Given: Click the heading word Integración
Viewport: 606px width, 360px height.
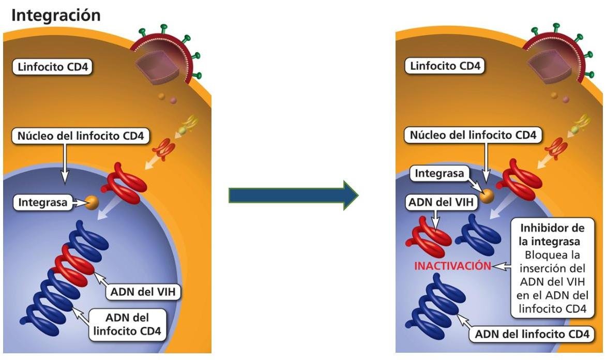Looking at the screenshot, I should (x=55, y=15).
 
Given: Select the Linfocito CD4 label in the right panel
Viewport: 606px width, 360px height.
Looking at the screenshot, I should (x=446, y=66).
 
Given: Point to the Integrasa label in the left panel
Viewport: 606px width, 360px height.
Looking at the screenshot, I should (x=43, y=202).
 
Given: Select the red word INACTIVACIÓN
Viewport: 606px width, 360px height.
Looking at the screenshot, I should (x=452, y=266).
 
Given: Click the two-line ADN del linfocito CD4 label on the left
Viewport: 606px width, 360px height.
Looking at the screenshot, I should (x=129, y=324).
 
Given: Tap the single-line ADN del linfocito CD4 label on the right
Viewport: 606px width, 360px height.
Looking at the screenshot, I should (x=532, y=334).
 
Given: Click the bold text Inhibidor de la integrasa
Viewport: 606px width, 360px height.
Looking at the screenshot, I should (x=552, y=234).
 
